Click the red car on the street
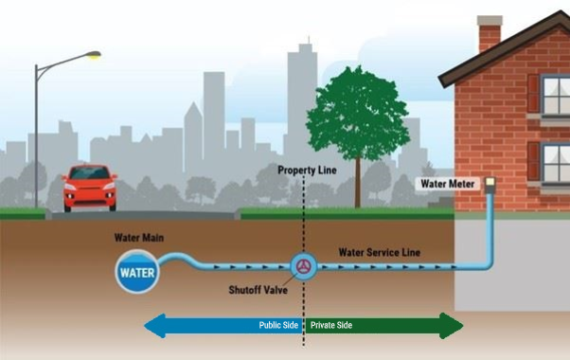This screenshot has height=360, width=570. click(90, 189)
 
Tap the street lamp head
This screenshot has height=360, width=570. click(92, 56)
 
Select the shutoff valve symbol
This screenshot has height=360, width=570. click(304, 266)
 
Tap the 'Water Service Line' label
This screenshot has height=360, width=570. click(379, 252)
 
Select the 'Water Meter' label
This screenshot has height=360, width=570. click(450, 182)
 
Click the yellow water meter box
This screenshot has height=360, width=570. click(490, 182)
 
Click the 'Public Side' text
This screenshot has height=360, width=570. click(279, 326)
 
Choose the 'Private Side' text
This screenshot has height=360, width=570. click(330, 326)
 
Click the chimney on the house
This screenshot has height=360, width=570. click(489, 33)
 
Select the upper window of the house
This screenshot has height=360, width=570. click(555, 95)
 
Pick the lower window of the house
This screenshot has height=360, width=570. click(555, 161)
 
